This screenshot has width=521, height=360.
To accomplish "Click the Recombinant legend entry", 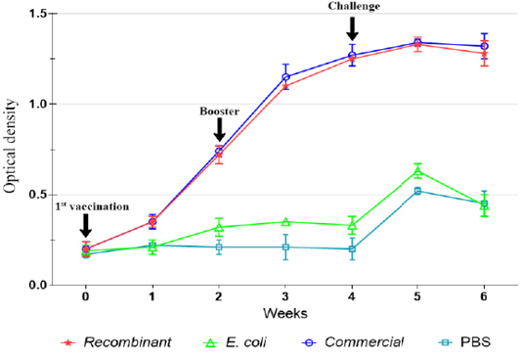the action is pyautogui.click(x=116, y=342).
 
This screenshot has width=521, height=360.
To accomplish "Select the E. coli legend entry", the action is pyautogui.click(x=235, y=342).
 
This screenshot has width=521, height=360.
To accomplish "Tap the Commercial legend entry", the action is pyautogui.click(x=353, y=342).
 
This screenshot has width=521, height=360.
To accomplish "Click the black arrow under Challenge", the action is pyautogui.click(x=352, y=28).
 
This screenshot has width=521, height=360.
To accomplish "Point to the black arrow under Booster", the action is pyautogui.click(x=219, y=130).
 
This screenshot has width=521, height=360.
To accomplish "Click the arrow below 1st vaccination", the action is pyautogui.click(x=86, y=226).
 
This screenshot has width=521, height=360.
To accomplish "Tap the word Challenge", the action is pyautogui.click(x=354, y=6).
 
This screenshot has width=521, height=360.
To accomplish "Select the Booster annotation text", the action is pyautogui.click(x=219, y=111).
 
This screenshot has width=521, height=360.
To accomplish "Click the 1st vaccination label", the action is pyautogui.click(x=92, y=206).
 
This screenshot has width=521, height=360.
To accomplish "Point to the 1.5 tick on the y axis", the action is pyautogui.click(x=38, y=14).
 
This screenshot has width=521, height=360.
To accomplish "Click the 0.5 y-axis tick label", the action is pyautogui.click(x=38, y=195).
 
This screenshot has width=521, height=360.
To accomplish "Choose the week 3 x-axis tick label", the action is pyautogui.click(x=285, y=296).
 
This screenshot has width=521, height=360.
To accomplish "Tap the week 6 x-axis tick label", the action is pyautogui.click(x=484, y=296).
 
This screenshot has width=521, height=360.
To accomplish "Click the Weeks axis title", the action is pyautogui.click(x=285, y=313).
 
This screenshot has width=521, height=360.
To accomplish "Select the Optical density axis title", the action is pyautogui.click(x=10, y=146).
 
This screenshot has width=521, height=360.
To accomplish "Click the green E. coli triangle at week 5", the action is pyautogui.click(x=417, y=171).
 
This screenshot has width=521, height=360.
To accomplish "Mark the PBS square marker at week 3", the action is pyautogui.click(x=285, y=247).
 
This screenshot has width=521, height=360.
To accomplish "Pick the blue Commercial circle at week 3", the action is pyautogui.click(x=285, y=77).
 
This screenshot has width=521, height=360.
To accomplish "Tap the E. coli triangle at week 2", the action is pyautogui.click(x=219, y=227).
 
